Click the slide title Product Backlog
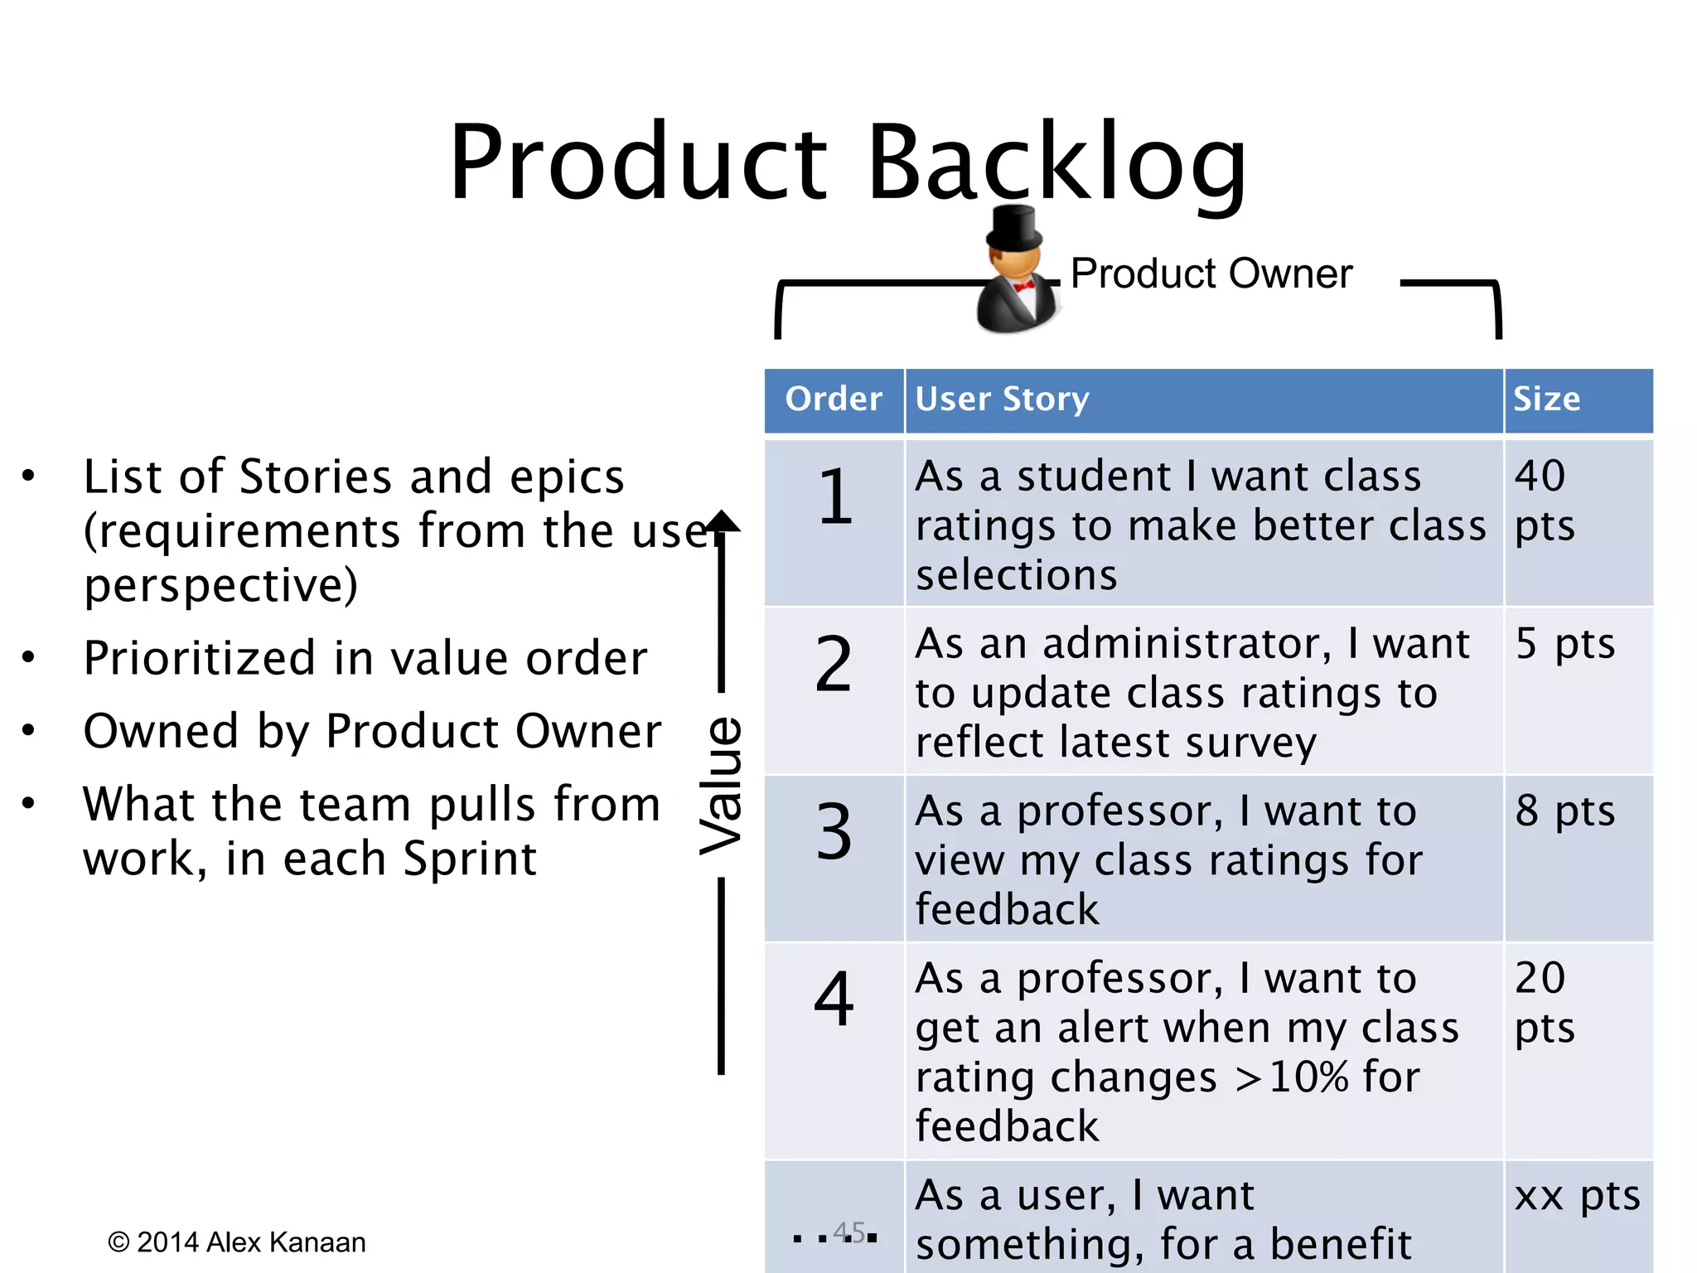pyautogui.click(x=848, y=162)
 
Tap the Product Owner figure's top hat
pyautogui.click(x=1013, y=228)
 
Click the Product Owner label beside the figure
pyautogui.click(x=1211, y=273)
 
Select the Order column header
pyautogui.click(x=834, y=399)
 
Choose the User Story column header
pyautogui.click(x=1002, y=399)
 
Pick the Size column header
pyautogui.click(x=1546, y=399)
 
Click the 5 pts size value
pyautogui.click(x=1564, y=644)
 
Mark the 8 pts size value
pyautogui.click(x=1564, y=811)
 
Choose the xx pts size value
pyautogui.click(x=1577, y=1196)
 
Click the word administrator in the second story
pyautogui.click(x=1187, y=644)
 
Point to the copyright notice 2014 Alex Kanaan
pyautogui.click(x=237, y=1242)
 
